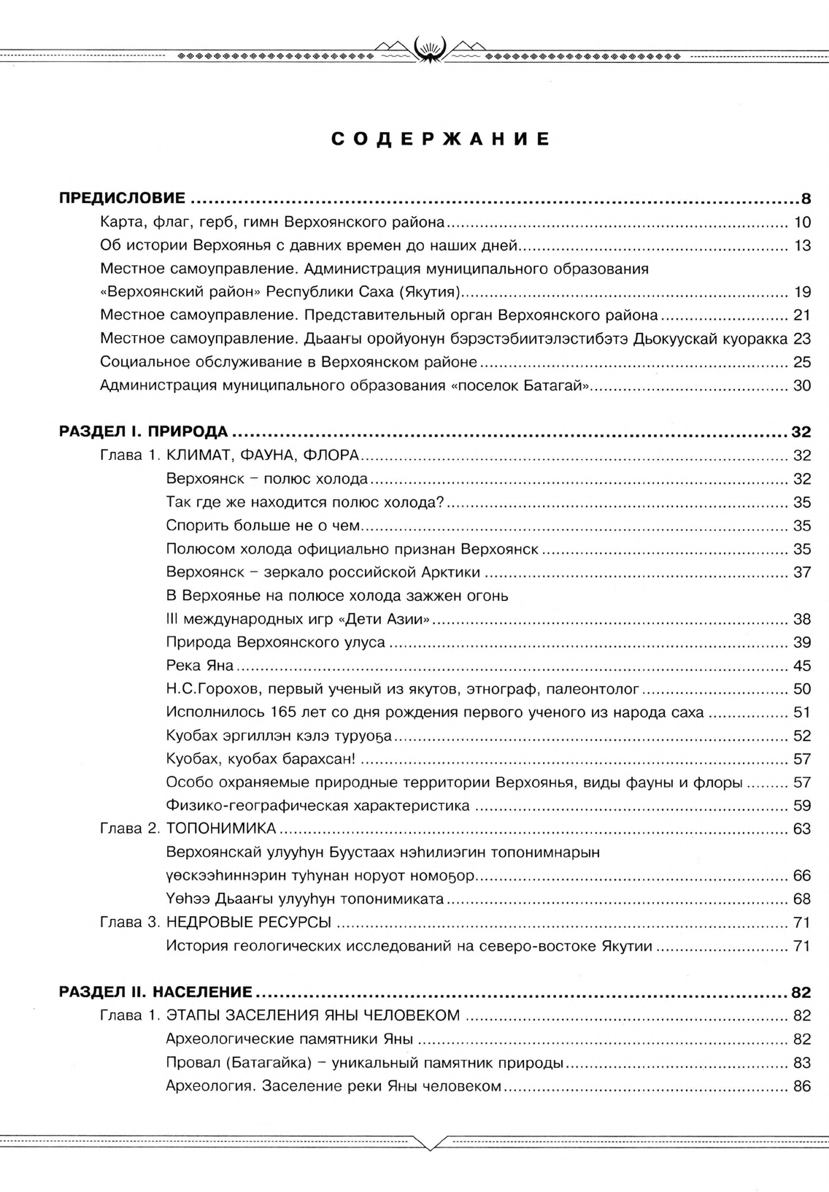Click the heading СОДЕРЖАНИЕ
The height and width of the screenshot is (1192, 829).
click(441, 139)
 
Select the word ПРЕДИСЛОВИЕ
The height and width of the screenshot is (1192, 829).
click(122, 199)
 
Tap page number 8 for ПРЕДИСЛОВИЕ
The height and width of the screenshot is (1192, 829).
click(806, 199)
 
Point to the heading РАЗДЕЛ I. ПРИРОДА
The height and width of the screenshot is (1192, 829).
click(143, 431)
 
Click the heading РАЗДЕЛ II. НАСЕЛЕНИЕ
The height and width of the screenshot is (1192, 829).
click(155, 992)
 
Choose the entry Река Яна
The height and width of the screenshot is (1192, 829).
click(200, 666)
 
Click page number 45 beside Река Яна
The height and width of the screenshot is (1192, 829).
click(802, 666)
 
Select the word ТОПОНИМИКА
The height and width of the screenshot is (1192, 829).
click(221, 828)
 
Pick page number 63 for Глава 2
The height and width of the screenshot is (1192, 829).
click(802, 828)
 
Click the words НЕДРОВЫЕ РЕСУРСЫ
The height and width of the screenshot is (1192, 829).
click(249, 922)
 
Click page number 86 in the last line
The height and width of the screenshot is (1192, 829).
click(802, 1085)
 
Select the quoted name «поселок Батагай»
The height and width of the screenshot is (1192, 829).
click(520, 385)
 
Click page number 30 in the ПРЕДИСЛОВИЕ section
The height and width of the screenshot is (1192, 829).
click(802, 385)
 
